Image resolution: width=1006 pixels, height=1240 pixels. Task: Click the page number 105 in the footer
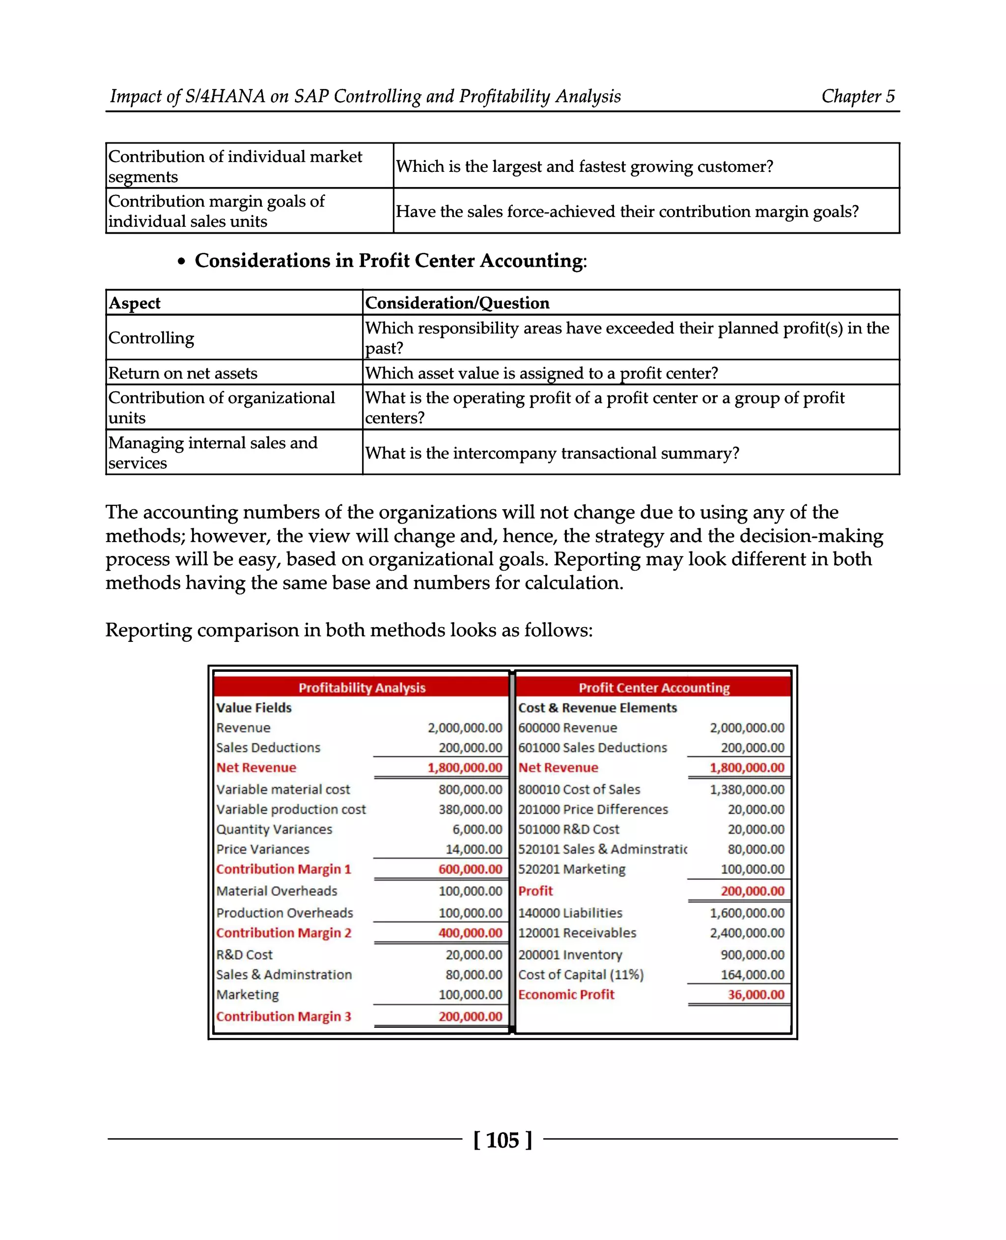point(502,1140)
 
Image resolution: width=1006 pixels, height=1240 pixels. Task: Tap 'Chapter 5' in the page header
point(858,96)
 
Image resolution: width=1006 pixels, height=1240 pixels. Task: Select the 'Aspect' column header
point(135,303)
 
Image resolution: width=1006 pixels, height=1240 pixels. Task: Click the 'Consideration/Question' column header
point(457,303)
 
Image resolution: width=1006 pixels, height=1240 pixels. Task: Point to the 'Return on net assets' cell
point(183,373)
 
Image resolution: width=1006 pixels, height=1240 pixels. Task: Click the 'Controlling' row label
point(151,338)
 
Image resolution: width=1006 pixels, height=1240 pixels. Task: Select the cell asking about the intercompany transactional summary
point(552,453)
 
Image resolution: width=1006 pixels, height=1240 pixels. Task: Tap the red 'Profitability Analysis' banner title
point(362,688)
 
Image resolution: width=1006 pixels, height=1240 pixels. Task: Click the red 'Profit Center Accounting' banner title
point(654,688)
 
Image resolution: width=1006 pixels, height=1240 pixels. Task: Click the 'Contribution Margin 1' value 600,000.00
point(470,869)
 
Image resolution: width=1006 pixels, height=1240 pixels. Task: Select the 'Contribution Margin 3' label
point(283,1017)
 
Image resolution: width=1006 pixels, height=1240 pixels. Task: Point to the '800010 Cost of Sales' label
point(579,789)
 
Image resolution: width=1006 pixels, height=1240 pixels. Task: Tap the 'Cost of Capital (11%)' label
point(581,975)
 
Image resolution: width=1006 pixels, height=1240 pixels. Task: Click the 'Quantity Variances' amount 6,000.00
point(477,829)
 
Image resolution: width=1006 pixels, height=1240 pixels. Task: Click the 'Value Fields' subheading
point(254,708)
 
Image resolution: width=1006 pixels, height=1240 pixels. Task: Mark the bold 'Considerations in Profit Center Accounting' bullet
point(390,261)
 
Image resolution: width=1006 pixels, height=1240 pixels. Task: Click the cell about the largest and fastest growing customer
point(584,167)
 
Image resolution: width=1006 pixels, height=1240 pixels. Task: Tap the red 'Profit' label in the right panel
point(535,891)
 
